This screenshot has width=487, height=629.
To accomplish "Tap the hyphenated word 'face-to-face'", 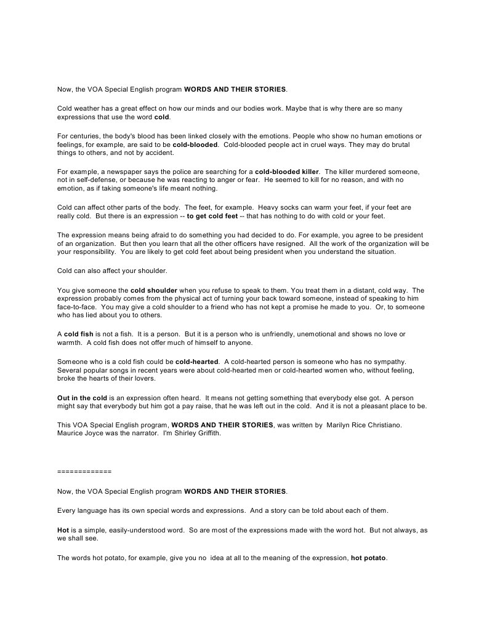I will tap(76, 307).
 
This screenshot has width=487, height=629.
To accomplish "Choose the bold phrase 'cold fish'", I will tap(79, 334).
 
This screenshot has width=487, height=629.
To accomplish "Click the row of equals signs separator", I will tap(84, 472).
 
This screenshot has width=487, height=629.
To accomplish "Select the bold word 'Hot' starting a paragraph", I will tap(63, 529).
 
